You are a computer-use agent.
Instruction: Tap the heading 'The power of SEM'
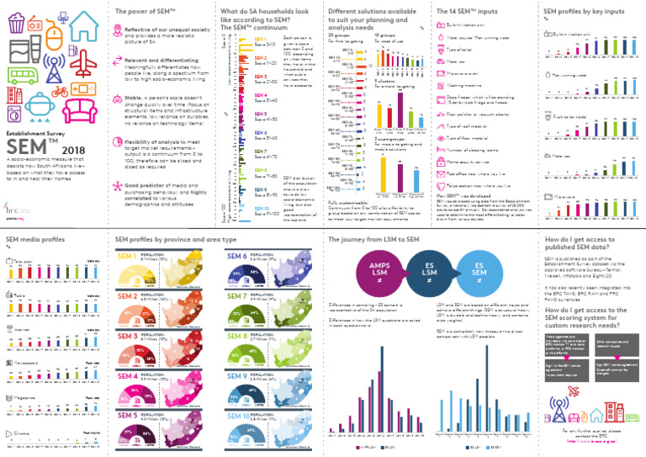point(144,11)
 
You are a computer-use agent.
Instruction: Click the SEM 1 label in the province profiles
point(129,257)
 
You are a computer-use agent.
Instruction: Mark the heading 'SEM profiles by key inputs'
point(585,11)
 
